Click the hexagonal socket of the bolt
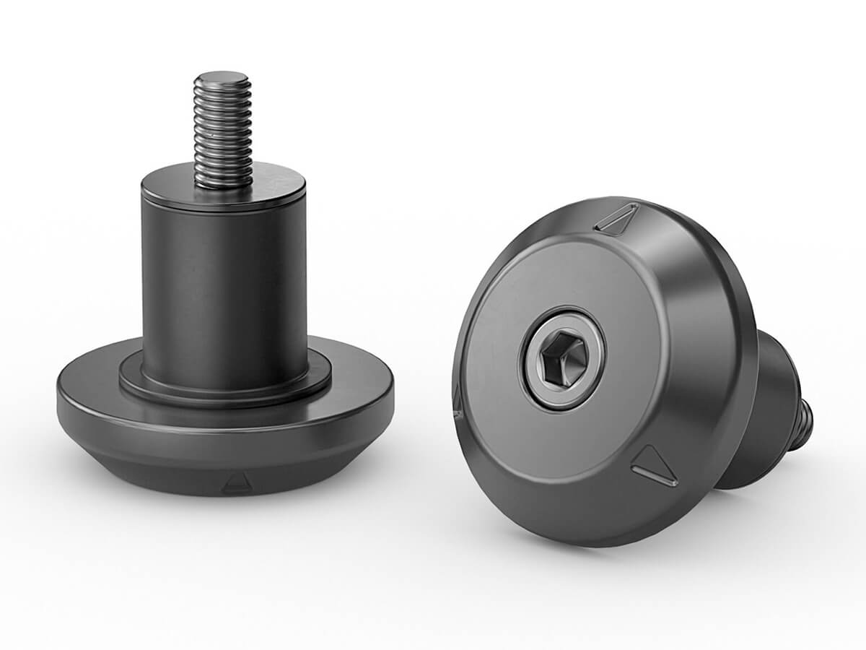pyautogui.click(x=561, y=359)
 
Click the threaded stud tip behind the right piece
pyautogui.click(x=804, y=426)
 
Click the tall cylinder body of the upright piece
pyautogui.click(x=224, y=282)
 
